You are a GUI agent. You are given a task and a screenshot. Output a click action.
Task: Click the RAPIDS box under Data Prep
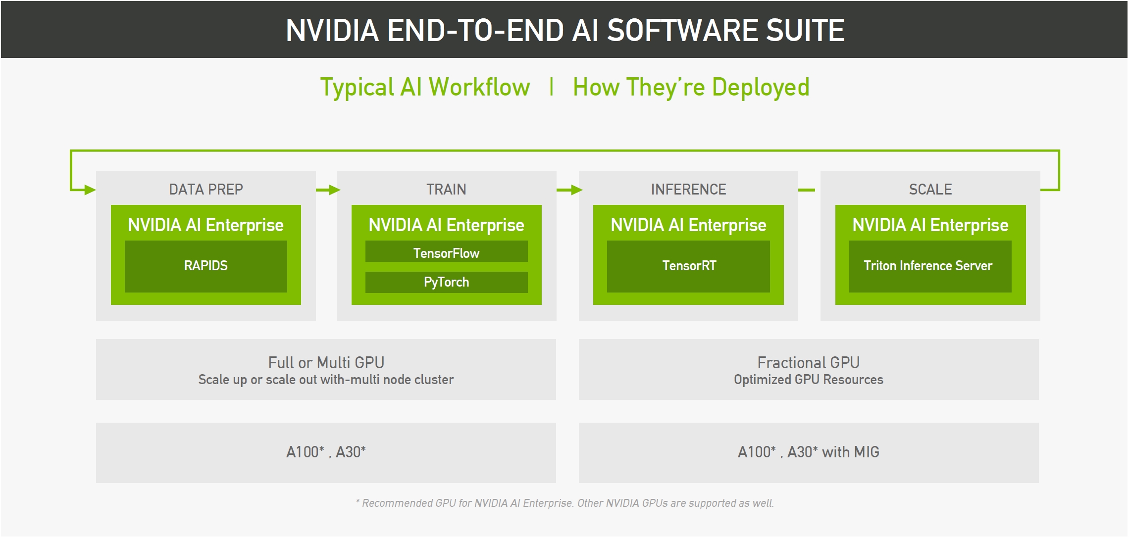[x=205, y=266]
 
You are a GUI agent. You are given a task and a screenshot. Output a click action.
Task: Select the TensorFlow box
[x=446, y=252]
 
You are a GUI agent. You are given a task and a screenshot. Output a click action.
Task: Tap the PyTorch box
[x=446, y=282]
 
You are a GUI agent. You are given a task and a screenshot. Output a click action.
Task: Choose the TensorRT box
[x=688, y=266]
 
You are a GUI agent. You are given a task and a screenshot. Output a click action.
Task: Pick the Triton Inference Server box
[x=930, y=266]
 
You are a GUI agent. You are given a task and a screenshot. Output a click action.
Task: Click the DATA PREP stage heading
[x=205, y=190]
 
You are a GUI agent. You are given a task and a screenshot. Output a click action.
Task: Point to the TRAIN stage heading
[x=446, y=190]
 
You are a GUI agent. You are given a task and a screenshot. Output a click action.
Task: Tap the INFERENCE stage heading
[x=688, y=190]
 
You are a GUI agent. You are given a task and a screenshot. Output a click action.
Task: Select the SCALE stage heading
[x=930, y=190]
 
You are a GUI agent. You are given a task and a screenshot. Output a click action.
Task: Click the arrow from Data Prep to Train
[x=327, y=190]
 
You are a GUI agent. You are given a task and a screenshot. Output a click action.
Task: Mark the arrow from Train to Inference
[x=568, y=190]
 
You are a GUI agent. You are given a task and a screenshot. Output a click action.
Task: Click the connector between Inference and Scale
[x=807, y=190]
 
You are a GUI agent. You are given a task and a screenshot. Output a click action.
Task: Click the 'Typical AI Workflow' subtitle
[x=425, y=88]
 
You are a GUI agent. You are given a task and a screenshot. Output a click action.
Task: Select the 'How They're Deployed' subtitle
[x=691, y=88]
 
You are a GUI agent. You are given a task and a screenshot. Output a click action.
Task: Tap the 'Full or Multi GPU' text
[x=326, y=363]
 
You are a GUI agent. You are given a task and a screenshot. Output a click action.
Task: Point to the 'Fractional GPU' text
[x=808, y=363]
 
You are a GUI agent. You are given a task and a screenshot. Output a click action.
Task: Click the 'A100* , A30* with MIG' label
[x=808, y=452]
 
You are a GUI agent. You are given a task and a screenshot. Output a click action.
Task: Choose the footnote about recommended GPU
[x=564, y=503]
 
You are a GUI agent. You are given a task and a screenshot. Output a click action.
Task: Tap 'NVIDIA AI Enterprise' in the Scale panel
[x=930, y=225]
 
